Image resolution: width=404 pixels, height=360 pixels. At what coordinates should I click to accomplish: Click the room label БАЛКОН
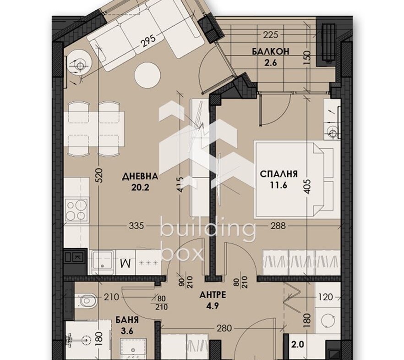click(271, 51)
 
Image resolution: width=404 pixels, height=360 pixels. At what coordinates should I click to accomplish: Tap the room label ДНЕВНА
click(140, 177)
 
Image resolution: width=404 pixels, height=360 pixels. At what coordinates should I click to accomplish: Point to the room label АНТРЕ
click(213, 295)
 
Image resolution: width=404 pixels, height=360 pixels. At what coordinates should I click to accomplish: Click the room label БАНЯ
click(127, 320)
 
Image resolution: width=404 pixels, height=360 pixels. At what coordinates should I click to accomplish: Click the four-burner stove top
click(76, 210)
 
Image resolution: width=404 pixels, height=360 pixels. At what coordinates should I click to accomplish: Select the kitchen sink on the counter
click(102, 262)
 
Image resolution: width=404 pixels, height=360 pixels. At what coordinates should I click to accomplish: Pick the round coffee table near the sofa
click(147, 76)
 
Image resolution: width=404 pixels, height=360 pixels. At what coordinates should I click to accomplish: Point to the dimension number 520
click(100, 175)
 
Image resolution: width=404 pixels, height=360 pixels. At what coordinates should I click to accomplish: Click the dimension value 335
click(136, 226)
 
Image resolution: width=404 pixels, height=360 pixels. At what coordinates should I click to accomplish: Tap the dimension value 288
click(278, 226)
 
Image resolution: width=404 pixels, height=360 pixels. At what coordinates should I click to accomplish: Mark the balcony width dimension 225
click(271, 34)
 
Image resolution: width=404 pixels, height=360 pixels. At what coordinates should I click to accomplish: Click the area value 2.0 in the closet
click(298, 344)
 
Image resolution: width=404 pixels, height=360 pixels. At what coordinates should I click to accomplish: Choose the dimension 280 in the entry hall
click(224, 328)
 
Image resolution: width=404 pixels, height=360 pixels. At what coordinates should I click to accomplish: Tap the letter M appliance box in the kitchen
click(126, 263)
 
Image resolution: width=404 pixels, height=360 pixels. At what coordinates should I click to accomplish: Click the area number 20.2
click(140, 188)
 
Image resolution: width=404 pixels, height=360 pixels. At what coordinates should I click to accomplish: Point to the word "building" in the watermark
click(207, 228)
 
